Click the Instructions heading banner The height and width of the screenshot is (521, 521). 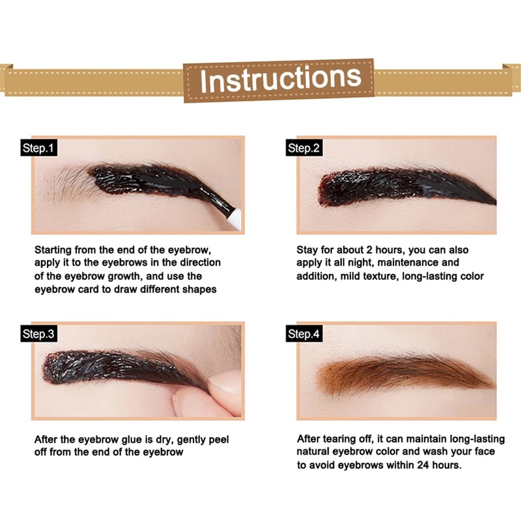[x=279, y=79]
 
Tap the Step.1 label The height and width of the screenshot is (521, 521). [x=38, y=148]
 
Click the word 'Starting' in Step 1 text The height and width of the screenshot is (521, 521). [x=55, y=250]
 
